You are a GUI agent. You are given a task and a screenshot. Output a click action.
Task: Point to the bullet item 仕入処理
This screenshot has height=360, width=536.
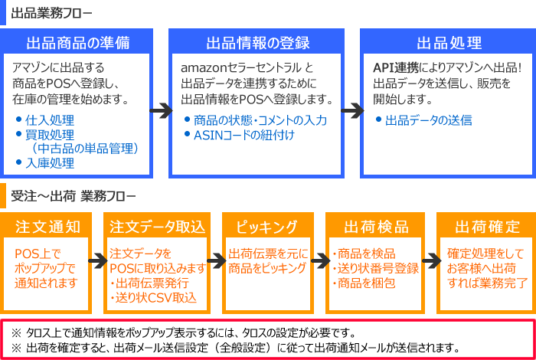tap(50, 120)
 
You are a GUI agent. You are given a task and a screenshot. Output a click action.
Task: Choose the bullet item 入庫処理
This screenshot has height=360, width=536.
tap(50, 162)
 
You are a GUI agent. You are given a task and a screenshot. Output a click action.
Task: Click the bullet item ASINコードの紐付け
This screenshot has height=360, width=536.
tap(243, 135)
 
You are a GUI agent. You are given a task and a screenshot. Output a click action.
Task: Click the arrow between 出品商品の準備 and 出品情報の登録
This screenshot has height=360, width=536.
tap(160, 111)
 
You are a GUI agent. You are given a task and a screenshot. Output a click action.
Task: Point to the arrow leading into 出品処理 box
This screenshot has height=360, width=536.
tap(351, 111)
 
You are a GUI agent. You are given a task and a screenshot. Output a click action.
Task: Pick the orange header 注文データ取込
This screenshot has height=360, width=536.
tap(157, 227)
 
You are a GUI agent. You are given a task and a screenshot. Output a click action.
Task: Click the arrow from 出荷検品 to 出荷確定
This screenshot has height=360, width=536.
tap(430, 261)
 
